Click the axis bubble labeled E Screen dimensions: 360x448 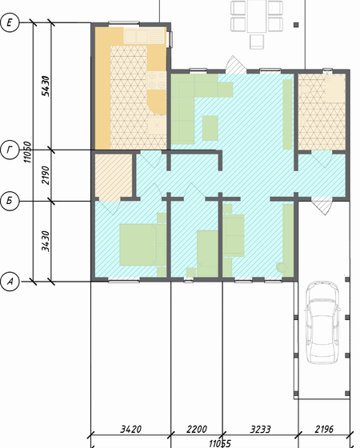point(10,22)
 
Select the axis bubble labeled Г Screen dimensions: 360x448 point(10,150)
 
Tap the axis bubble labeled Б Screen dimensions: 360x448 point(10,201)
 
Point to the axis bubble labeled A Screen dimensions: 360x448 point(10,282)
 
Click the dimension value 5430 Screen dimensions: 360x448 point(46,86)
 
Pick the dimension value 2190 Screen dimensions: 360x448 point(46,175)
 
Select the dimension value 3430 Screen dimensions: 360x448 point(46,241)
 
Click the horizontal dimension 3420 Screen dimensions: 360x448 point(131,429)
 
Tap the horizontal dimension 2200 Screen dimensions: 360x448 point(197,429)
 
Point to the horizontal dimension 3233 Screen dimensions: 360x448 point(260,429)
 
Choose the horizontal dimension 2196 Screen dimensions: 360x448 point(324,429)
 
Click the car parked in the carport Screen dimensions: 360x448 point(322,322)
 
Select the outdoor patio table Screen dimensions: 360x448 point(257,16)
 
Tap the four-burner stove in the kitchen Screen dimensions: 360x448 point(156,80)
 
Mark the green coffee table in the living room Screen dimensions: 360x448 point(210,128)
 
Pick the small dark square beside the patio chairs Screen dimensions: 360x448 point(296,25)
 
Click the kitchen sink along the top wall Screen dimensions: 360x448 point(145,36)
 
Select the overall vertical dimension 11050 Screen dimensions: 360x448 point(27,152)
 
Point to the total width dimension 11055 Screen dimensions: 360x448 point(220,444)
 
